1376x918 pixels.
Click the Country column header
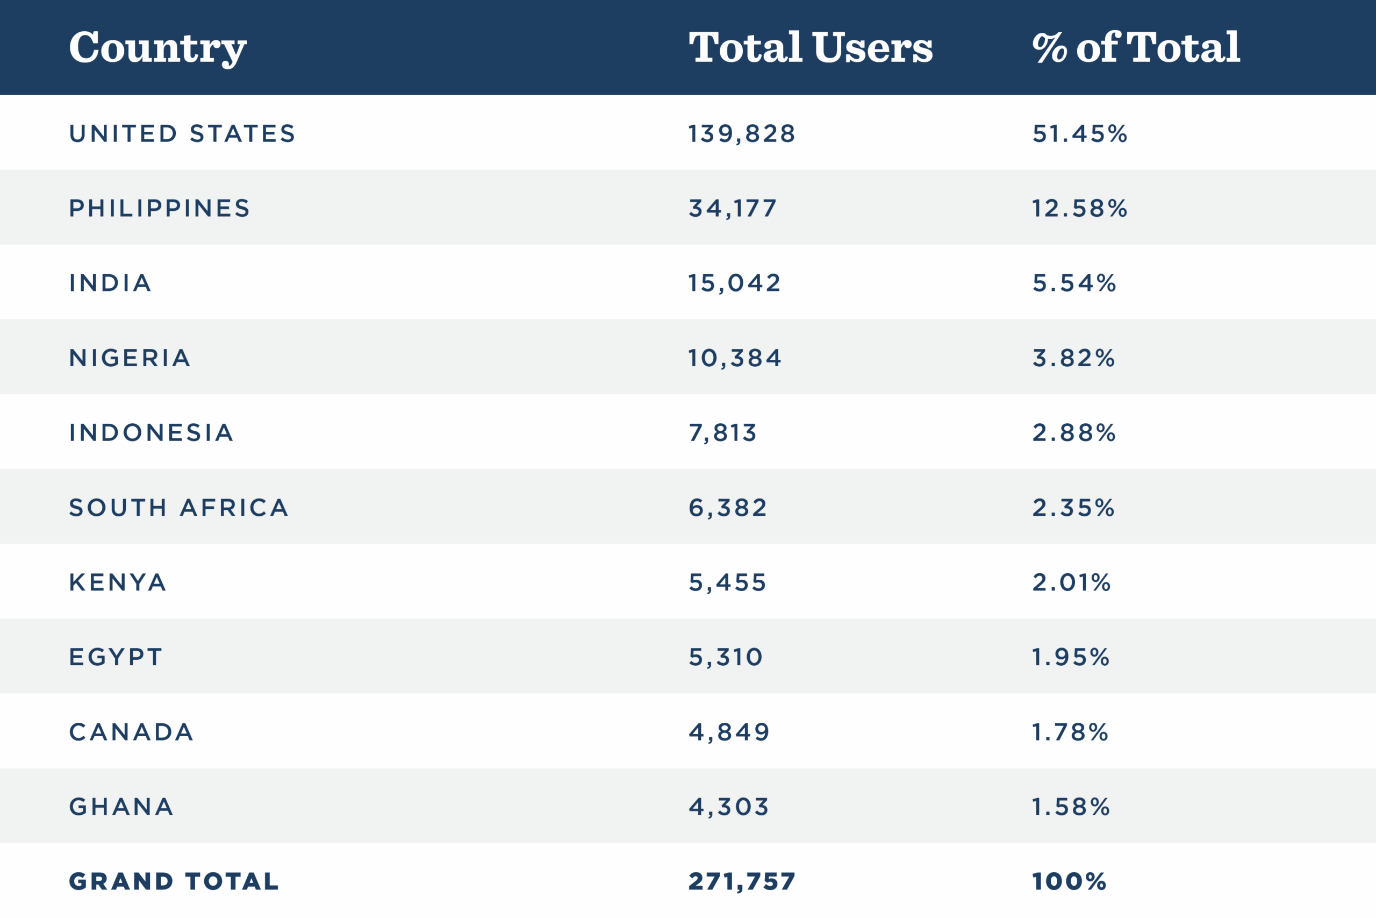157,47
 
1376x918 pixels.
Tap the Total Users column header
810,47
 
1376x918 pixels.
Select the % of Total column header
1136,47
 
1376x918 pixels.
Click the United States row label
183,133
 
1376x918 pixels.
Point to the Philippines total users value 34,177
733,209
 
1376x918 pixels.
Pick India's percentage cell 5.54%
1074,283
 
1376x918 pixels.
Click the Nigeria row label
130,358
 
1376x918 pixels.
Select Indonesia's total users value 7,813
722,433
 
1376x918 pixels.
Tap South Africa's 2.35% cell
1073,508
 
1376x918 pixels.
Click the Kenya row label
118,582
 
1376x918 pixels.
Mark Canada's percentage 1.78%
1070,732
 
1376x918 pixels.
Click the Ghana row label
121,807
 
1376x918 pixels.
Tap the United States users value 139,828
742,133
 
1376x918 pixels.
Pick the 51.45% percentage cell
1079,133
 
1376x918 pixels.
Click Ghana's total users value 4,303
728,807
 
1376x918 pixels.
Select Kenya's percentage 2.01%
1071,582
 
